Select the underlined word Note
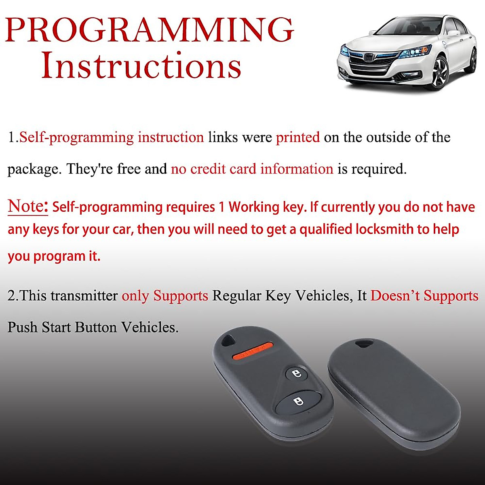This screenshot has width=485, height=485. point(28,207)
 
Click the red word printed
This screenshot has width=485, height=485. point(298,137)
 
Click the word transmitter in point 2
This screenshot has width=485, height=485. point(84,295)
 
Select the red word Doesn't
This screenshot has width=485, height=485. point(395,295)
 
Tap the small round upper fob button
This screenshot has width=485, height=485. point(297,374)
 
